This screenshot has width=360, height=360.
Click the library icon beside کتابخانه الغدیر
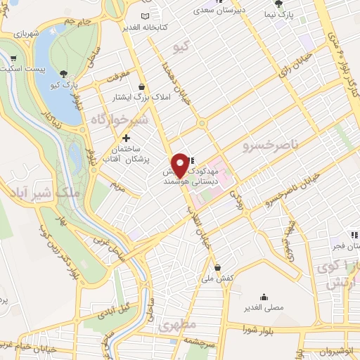(x=145, y=16)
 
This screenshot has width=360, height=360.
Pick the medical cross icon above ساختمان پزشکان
(x=127, y=139)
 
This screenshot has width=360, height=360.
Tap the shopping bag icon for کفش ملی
(x=219, y=268)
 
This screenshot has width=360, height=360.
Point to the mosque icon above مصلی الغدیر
(x=264, y=297)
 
